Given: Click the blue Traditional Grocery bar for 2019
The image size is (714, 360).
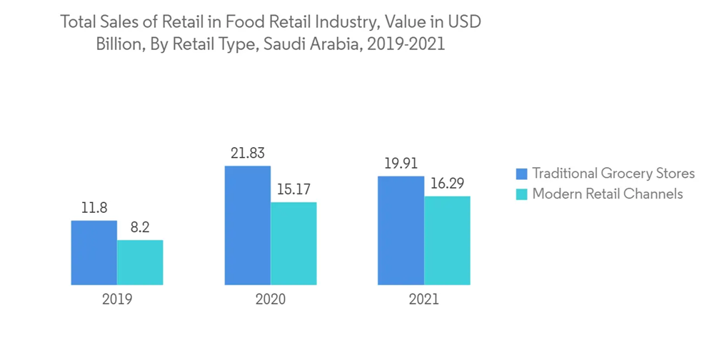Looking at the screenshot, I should click(x=94, y=253).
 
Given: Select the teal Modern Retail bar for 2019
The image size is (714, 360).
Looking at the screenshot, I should click(x=140, y=262).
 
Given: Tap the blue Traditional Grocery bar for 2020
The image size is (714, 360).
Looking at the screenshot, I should click(x=248, y=226).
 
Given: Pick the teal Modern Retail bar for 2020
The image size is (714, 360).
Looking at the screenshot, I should click(x=293, y=244).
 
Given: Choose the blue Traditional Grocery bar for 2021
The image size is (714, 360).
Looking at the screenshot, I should click(x=401, y=231).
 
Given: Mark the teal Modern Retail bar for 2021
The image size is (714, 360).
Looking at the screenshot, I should click(x=448, y=241).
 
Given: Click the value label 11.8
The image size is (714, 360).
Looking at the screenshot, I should click(x=94, y=209).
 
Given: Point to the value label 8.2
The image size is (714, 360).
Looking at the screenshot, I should click(x=140, y=229).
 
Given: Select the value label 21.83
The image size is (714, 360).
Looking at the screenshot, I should click(x=248, y=154).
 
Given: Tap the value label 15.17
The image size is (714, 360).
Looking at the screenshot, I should click(x=293, y=190).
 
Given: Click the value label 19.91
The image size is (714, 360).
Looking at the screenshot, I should click(x=401, y=164).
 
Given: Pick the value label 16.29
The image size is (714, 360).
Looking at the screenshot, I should click(x=448, y=184).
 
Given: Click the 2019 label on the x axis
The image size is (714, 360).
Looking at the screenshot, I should click(x=116, y=299).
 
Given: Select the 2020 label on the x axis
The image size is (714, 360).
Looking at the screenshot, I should click(x=271, y=299).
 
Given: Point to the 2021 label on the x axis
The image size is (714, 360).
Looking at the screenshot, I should click(x=424, y=299).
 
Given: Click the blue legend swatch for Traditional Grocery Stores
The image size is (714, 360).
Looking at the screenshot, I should click(x=521, y=174).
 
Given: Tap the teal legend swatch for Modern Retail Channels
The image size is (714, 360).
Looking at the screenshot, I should click(x=521, y=194).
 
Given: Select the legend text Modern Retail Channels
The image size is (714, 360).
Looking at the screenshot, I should click(x=608, y=194).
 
